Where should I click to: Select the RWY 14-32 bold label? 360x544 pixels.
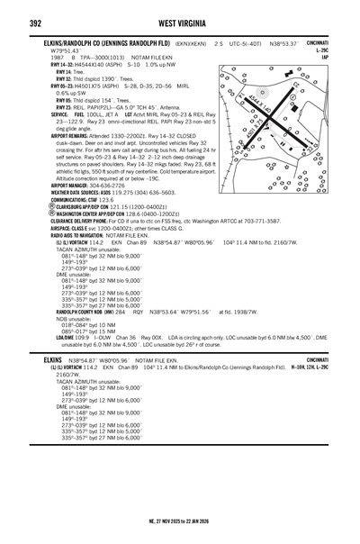point(62,65)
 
